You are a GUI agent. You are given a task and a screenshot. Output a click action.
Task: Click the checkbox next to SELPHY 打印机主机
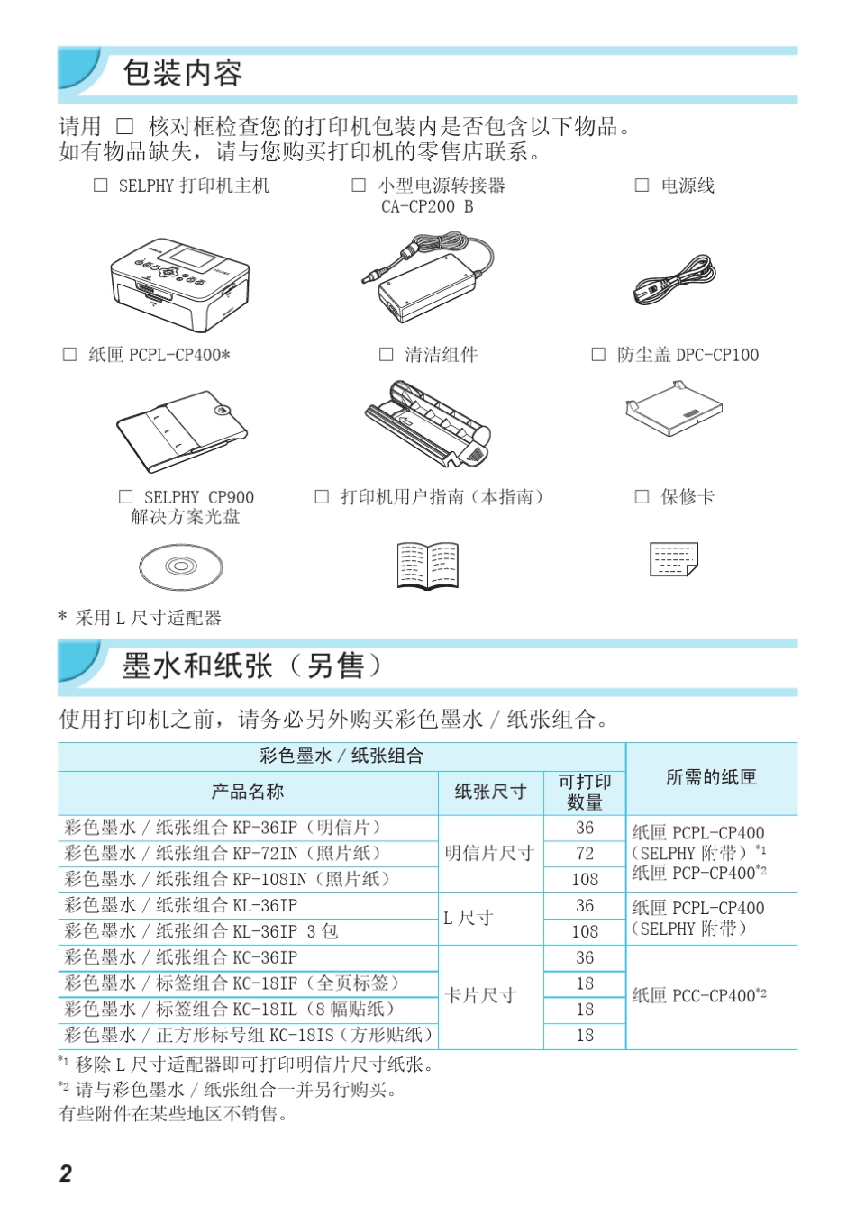tap(101, 186)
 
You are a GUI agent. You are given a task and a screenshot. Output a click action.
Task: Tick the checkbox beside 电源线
tap(642, 186)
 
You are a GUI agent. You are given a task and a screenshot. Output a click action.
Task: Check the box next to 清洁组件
tap(386, 355)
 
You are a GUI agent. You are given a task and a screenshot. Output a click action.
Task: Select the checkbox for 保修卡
tap(642, 496)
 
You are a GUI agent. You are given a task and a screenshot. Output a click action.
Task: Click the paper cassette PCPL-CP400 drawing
tap(180, 430)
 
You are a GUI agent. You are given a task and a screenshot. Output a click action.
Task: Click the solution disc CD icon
tap(180, 566)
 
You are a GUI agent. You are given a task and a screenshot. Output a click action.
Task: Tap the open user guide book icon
tap(428, 566)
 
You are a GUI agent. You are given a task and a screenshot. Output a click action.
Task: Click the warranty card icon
tap(674, 559)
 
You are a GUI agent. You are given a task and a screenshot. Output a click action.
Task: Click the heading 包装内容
tap(182, 73)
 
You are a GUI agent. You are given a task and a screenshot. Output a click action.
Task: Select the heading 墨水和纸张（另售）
tap(252, 666)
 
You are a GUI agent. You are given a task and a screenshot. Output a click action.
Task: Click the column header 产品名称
tap(247, 792)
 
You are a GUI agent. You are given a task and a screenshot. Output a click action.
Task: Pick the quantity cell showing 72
tap(585, 853)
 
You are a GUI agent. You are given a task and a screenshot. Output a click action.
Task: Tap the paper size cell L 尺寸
tap(469, 918)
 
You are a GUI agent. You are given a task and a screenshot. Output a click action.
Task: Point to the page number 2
tap(66, 1173)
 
